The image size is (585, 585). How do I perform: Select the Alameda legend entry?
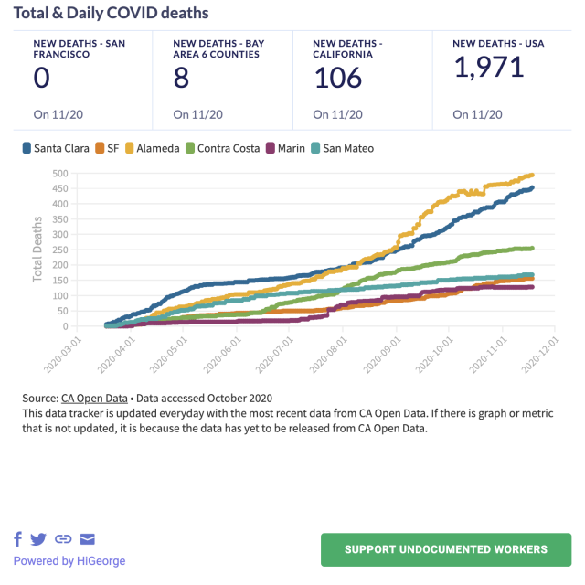click(x=156, y=148)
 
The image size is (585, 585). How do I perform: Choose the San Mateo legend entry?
click(x=342, y=148)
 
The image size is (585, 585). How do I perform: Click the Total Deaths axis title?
click(x=37, y=249)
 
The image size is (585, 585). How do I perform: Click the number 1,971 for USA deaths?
click(x=488, y=67)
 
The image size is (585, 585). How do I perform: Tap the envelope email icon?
click(x=88, y=538)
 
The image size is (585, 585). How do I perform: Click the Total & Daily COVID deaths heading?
click(x=111, y=13)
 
